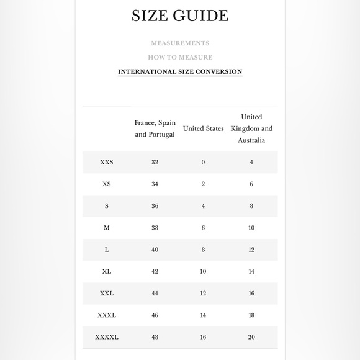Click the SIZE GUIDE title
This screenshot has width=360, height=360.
pyautogui.click(x=180, y=16)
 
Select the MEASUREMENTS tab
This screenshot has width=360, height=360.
pyautogui.click(x=180, y=43)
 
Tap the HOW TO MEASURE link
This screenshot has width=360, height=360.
pyautogui.click(x=180, y=58)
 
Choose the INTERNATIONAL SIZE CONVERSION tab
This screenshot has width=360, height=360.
pyautogui.click(x=180, y=72)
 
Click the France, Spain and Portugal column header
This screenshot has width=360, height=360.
pyautogui.click(x=155, y=128)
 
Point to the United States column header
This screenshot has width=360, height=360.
pyautogui.click(x=203, y=128)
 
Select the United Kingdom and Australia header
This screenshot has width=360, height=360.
pyautogui.click(x=251, y=128)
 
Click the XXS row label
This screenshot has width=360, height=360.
pyautogui.click(x=107, y=163)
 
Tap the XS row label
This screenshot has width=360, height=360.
pyautogui.click(x=107, y=184)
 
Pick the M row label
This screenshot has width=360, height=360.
pyautogui.click(x=107, y=228)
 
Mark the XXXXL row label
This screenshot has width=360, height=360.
pyautogui.click(x=107, y=337)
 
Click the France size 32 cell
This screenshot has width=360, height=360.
pyautogui.click(x=155, y=163)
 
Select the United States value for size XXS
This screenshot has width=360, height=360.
pyautogui.click(x=203, y=163)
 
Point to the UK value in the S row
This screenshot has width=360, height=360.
pyautogui.click(x=251, y=206)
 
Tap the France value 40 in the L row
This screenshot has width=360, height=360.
pyautogui.click(x=155, y=250)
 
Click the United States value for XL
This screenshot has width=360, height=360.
pyautogui.click(x=203, y=271)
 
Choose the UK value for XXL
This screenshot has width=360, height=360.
pyautogui.click(x=251, y=293)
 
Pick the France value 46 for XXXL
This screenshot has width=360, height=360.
pyautogui.click(x=155, y=315)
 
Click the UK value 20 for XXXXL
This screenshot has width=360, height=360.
pyautogui.click(x=251, y=337)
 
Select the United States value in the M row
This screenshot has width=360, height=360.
pyautogui.click(x=203, y=228)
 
